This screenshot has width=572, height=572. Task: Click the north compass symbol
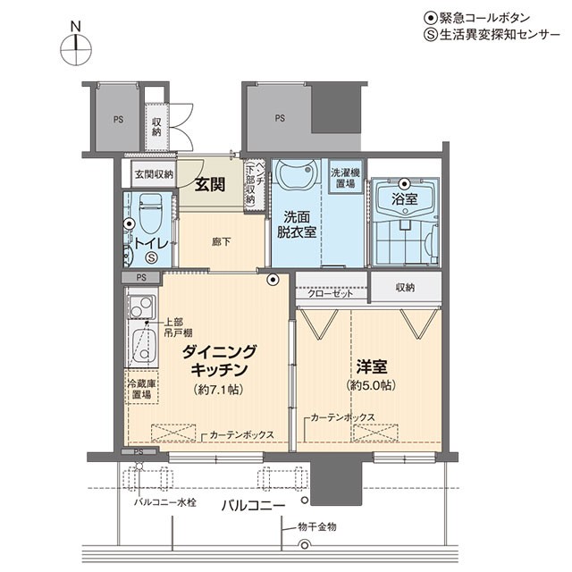tap(76, 50)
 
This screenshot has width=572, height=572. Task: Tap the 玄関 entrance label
tap(210, 185)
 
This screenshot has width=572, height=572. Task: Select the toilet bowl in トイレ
tap(151, 214)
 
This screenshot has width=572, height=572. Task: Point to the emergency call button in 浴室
tap(404, 183)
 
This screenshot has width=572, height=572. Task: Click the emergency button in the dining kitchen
tap(273, 280)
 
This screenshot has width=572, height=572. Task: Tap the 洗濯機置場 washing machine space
tap(346, 177)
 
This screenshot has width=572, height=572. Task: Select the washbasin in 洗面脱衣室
tap(297, 173)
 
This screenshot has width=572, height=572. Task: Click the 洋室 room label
tap(372, 367)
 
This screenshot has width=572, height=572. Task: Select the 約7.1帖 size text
tap(218, 390)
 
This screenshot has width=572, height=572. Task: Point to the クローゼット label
tap(331, 294)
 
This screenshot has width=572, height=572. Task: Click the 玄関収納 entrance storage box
tap(154, 174)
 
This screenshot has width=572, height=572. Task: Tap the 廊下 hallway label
tap(222, 241)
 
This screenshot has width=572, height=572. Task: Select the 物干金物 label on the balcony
tap(317, 526)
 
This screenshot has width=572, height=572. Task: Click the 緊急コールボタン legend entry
tap(477, 18)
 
